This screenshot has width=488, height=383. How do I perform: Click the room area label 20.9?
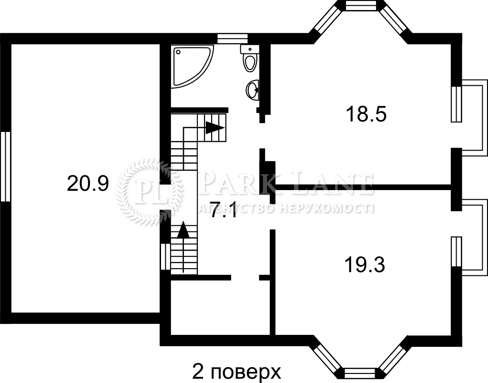[88, 183]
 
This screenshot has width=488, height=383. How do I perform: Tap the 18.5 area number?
[366, 114]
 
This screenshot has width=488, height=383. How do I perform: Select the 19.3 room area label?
[365, 265]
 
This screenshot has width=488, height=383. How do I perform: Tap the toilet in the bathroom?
[250, 59]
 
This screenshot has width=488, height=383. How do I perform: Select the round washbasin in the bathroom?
[253, 90]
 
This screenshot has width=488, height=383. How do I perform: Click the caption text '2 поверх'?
[236, 371]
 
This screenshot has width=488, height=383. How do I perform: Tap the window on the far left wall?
[6, 167]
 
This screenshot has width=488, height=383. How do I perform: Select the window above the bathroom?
[233, 39]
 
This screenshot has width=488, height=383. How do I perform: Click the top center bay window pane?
[361, 5]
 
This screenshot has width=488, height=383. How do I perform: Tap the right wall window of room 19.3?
[457, 252]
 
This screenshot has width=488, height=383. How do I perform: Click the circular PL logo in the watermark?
[149, 191]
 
